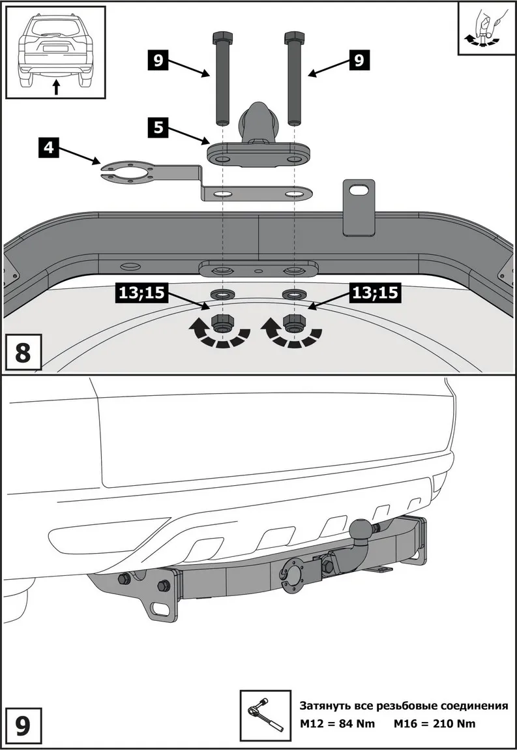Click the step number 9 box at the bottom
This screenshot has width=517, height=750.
22,726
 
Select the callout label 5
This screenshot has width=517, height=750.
158,127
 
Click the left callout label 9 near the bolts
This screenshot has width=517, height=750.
158,61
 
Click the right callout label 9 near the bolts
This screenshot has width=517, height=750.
357,61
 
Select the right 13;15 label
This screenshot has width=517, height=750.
374,293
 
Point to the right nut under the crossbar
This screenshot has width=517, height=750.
294,322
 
